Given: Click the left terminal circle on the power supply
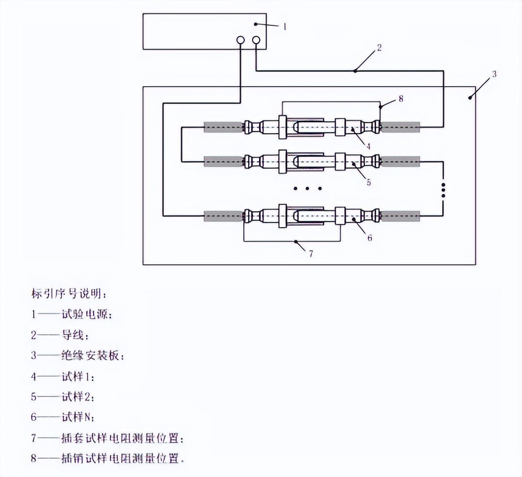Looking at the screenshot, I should pos(241,41).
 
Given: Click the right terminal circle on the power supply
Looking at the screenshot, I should pos(256,41).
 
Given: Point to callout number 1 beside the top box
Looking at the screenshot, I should pos(284,27).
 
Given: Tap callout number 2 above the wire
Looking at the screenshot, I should pos(379,48).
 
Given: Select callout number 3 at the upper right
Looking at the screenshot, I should pos(494,74).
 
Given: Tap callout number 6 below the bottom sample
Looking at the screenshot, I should pos(369,238).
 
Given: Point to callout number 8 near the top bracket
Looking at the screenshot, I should pos(401,98).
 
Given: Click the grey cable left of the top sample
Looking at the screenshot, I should pos(224,127).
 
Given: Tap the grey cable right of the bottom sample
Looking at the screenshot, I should pos(400,215).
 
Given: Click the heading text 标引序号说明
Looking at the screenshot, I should pos(69,294).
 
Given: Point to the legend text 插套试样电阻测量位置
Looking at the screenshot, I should pos(123,437).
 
